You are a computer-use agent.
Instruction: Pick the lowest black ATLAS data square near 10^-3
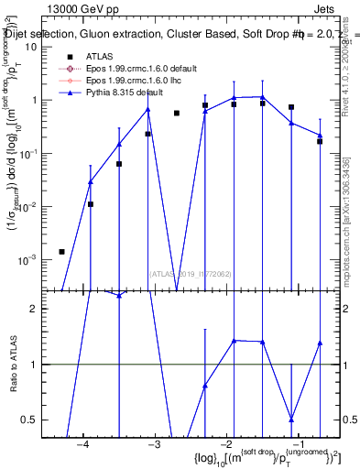[x=61, y=252]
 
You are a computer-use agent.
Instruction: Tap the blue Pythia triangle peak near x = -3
[x=147, y=110]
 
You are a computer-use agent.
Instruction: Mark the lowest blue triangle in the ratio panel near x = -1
[x=291, y=419]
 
